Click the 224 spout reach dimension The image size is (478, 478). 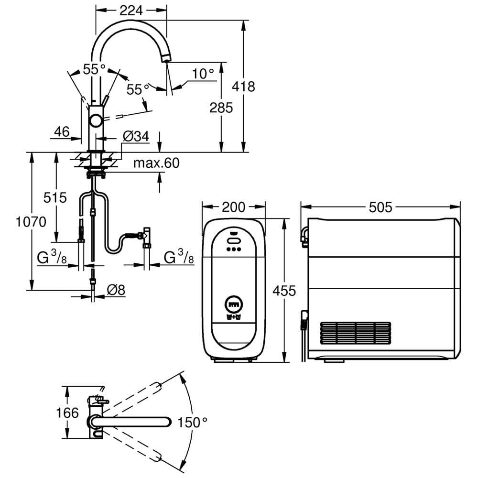131,11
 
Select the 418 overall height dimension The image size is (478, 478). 243,87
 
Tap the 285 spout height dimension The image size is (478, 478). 221,108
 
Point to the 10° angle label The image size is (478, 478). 203,74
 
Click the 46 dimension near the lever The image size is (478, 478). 62,132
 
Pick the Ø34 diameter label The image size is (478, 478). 136,136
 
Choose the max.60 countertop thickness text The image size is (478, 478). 156,163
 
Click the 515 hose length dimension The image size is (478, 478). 55,197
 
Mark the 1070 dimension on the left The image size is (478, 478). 31,222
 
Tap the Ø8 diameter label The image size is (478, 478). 116,290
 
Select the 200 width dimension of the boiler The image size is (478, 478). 234,207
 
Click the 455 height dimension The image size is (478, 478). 284,291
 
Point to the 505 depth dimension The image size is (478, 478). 380,207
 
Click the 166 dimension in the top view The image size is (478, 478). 67,413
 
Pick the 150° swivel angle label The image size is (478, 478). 192,422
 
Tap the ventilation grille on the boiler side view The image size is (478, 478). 356,333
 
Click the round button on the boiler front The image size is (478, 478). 234,304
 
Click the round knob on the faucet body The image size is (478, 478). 96,121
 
